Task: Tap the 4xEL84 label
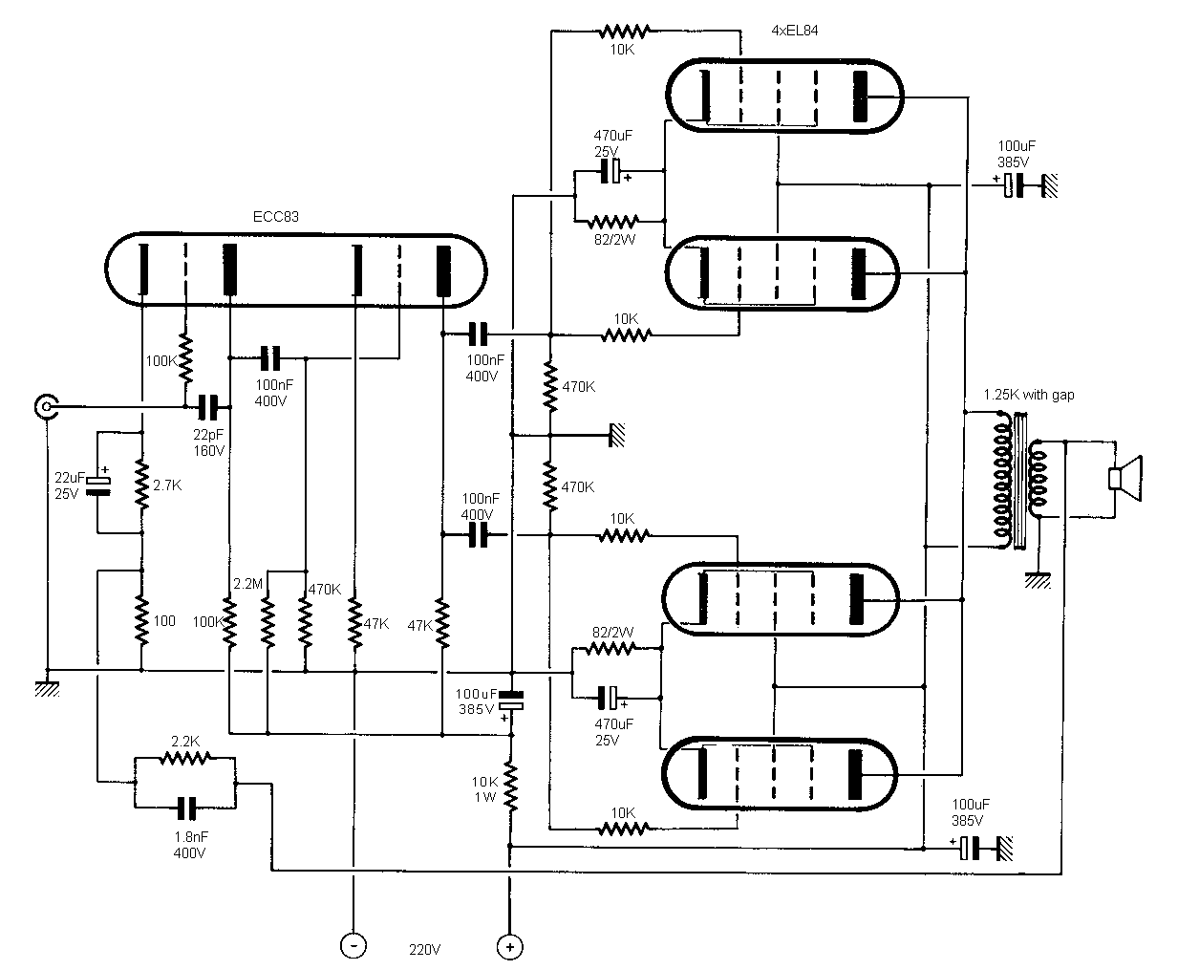click(x=794, y=30)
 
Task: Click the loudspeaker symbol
click(x=1124, y=478)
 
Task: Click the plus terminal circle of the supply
click(x=510, y=946)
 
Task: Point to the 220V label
click(x=425, y=950)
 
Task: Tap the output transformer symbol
click(x=1017, y=481)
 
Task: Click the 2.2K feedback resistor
click(x=184, y=759)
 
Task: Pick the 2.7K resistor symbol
click(x=141, y=485)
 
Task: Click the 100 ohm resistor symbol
click(x=141, y=619)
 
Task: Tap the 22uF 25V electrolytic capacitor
click(x=97, y=485)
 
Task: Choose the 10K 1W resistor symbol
click(x=511, y=786)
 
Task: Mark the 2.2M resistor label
click(x=248, y=583)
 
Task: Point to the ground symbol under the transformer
click(x=1038, y=578)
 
